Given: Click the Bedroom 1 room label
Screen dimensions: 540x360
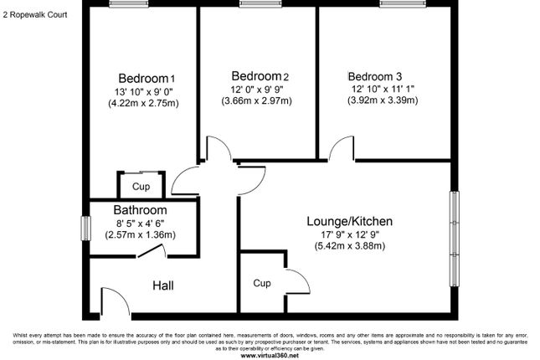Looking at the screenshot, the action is (x=147, y=78).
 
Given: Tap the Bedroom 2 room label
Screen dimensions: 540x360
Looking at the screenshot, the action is (x=260, y=76).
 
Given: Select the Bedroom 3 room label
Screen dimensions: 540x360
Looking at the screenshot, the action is (x=375, y=76).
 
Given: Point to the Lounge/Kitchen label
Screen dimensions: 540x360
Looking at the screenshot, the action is (x=350, y=221).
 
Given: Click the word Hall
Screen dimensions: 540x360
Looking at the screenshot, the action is (x=163, y=285).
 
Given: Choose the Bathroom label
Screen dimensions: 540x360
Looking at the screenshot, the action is (x=140, y=210).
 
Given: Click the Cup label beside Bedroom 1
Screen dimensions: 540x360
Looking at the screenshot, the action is (x=141, y=187).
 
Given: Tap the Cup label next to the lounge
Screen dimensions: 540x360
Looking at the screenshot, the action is (x=262, y=283).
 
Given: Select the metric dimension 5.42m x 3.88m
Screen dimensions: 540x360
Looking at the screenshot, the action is (x=350, y=246).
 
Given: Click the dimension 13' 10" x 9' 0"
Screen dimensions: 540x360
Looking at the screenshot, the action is (x=144, y=91).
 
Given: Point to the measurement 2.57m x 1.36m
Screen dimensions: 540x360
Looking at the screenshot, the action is (x=140, y=235).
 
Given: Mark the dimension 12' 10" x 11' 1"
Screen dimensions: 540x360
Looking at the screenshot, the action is (x=383, y=89).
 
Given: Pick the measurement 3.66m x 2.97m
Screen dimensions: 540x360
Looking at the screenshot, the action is (x=256, y=101).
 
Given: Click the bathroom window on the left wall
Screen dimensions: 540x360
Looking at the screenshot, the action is (x=85, y=228).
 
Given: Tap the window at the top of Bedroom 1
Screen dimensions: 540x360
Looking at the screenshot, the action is (x=129, y=4).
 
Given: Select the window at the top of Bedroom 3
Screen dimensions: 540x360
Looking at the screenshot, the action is (x=403, y=4).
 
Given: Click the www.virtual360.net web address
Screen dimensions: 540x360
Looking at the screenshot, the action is (x=270, y=356).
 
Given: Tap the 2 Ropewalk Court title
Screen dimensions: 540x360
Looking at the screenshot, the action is (x=35, y=15).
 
